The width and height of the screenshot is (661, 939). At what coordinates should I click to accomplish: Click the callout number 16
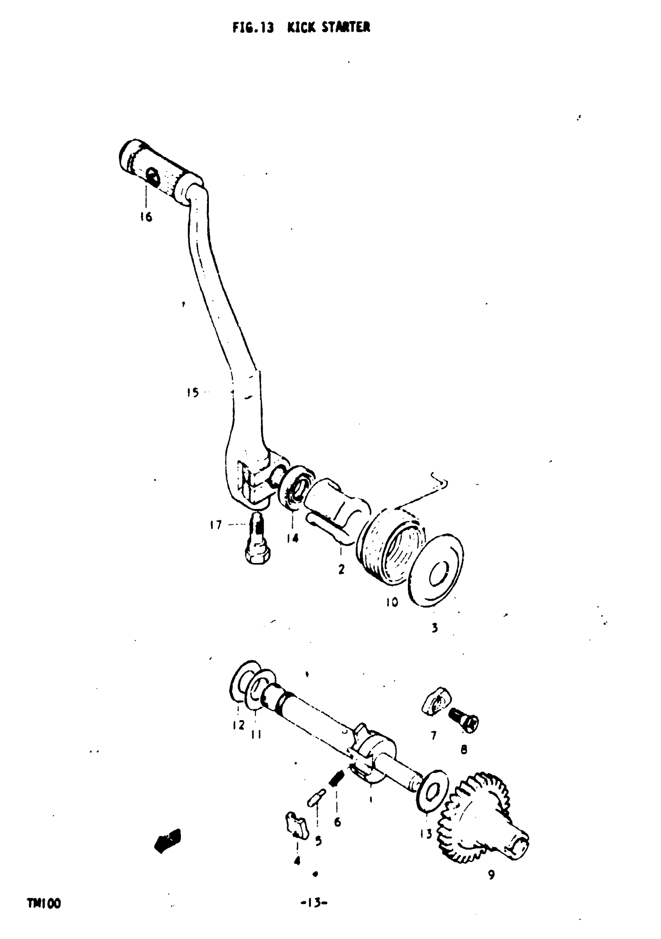[x=146, y=217]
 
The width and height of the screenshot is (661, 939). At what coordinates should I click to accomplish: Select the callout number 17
[x=216, y=525]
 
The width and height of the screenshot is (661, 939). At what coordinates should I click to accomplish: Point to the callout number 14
[x=292, y=538]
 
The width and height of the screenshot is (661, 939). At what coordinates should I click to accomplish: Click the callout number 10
[x=392, y=602]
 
